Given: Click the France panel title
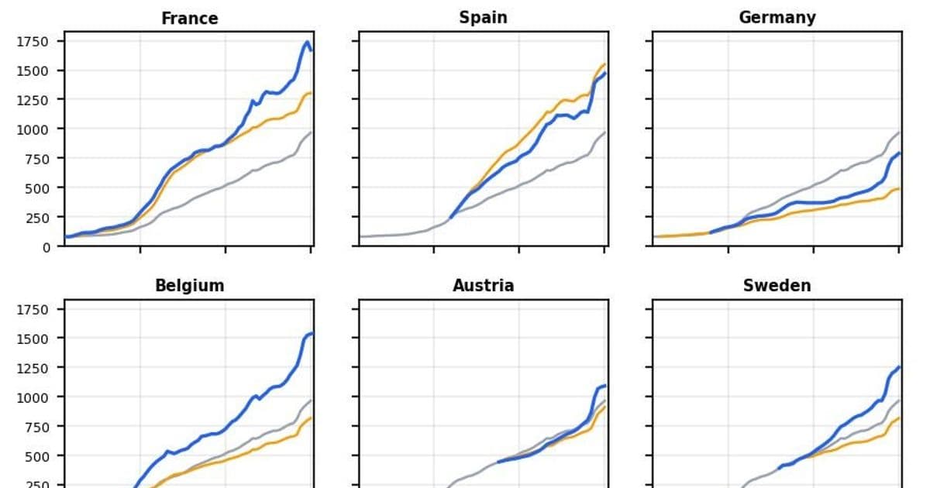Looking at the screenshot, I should tap(189, 18).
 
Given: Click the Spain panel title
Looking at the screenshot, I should tap(483, 18).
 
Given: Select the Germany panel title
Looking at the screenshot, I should tap(777, 18).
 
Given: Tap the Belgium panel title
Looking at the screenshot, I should tap(189, 285).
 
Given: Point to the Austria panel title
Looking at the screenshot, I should tap(483, 285).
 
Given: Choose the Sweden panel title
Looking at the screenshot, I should tap(777, 285).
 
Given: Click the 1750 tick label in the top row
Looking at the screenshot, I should tap(33, 42).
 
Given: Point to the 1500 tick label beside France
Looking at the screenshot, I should tap(33, 70).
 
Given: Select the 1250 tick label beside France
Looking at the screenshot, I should tap(33, 100).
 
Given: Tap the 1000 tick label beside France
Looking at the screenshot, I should tap(33, 129).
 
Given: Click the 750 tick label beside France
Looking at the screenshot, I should tap(36, 159).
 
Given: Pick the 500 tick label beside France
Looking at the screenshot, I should tap(36, 187).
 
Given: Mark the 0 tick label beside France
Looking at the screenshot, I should tap(46, 246).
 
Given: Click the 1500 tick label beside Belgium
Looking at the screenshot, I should tap(33, 339).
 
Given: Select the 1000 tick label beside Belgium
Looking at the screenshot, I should tap(33, 397).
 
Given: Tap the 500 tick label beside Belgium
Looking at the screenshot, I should tap(36, 455).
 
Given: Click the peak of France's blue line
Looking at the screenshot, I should tap(308, 42).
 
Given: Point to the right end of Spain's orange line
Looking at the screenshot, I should tap(604, 64).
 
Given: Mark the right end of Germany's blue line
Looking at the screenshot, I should tap(899, 153).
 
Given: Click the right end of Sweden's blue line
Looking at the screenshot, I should tap(899, 367).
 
